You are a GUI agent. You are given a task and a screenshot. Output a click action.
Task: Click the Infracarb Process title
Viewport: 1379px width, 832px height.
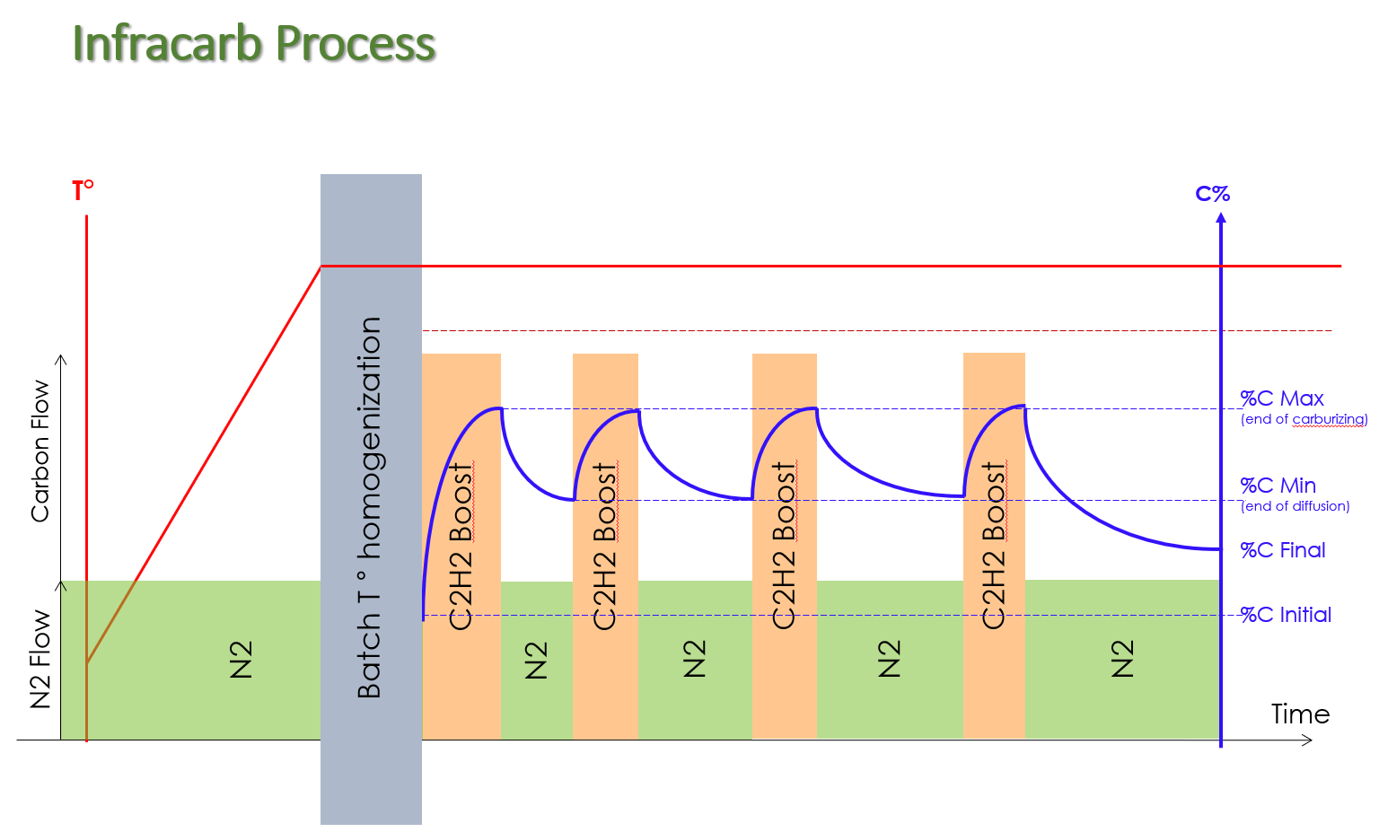pos(254,43)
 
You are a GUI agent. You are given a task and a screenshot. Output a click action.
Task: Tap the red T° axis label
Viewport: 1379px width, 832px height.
pos(83,191)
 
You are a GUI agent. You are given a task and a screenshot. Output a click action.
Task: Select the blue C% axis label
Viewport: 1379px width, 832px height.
pos(1212,194)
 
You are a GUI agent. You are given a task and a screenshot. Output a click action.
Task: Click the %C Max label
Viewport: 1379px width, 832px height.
pos(1282,398)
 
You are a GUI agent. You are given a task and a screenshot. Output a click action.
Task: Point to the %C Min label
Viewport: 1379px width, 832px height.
pos(1278,486)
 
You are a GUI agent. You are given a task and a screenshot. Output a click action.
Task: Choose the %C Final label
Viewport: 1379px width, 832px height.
pos(1282,550)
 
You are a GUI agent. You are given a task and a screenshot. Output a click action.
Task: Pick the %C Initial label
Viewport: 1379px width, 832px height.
pos(1286,615)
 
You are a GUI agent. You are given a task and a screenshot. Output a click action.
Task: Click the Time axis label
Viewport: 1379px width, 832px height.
pos(1300,714)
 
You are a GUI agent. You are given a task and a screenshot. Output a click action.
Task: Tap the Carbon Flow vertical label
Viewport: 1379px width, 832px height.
pos(40,451)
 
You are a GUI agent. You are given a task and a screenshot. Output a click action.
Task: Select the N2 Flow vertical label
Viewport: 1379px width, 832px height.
pos(40,659)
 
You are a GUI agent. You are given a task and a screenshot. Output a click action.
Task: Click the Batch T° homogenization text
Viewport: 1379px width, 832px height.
pos(369,508)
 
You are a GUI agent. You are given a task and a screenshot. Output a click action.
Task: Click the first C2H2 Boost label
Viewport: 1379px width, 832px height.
pos(461,547)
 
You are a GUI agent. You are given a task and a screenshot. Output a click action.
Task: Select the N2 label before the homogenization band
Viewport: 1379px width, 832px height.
pos(242,660)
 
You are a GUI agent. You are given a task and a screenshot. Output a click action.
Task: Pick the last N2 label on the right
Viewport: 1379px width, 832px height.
pos(1122,659)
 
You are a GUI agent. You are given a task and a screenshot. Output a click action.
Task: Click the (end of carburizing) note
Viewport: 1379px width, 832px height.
pos(1304,420)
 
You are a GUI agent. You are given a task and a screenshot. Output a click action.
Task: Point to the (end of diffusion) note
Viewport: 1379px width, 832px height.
pos(1295,506)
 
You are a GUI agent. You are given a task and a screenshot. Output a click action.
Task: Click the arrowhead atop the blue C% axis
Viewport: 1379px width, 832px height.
pos(1221,218)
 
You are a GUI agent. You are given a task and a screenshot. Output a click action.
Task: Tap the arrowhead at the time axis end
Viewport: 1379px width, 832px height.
pos(1306,740)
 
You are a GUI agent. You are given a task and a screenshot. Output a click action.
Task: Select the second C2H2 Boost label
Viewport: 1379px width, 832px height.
pos(604,547)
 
